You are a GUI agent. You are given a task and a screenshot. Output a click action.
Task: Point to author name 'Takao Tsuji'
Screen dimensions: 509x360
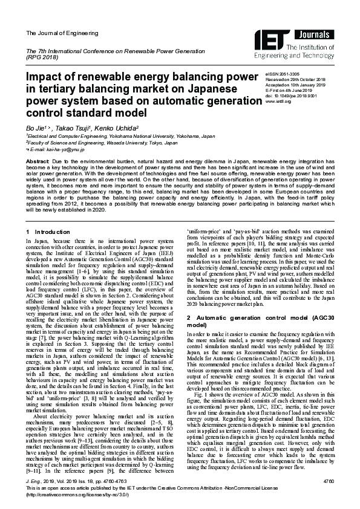pyautogui.click(x=67, y=129)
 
